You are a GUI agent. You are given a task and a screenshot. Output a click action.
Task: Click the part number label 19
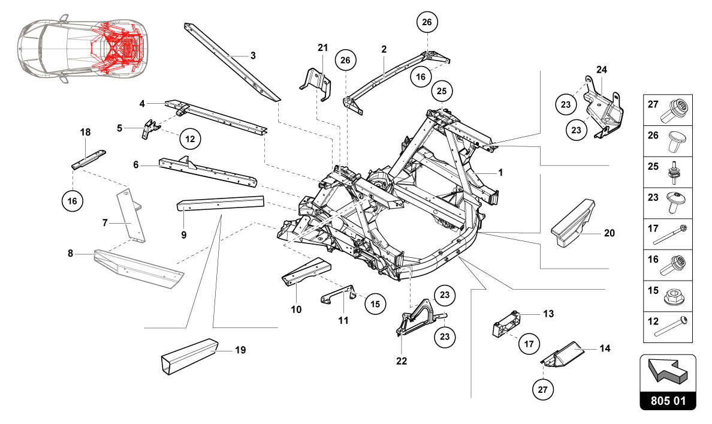click(x=240, y=349)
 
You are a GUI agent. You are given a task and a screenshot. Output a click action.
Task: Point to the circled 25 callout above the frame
click(x=442, y=92)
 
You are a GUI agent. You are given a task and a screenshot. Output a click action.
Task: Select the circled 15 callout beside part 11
click(x=375, y=304)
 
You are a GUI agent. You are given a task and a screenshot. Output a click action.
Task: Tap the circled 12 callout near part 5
click(x=190, y=139)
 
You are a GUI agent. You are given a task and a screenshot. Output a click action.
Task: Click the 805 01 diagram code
click(x=668, y=401)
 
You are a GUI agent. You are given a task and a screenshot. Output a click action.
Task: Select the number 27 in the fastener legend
click(x=653, y=104)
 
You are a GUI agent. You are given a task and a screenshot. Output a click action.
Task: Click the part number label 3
click(x=253, y=55)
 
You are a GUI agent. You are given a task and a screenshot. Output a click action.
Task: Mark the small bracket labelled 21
click(x=316, y=82)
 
